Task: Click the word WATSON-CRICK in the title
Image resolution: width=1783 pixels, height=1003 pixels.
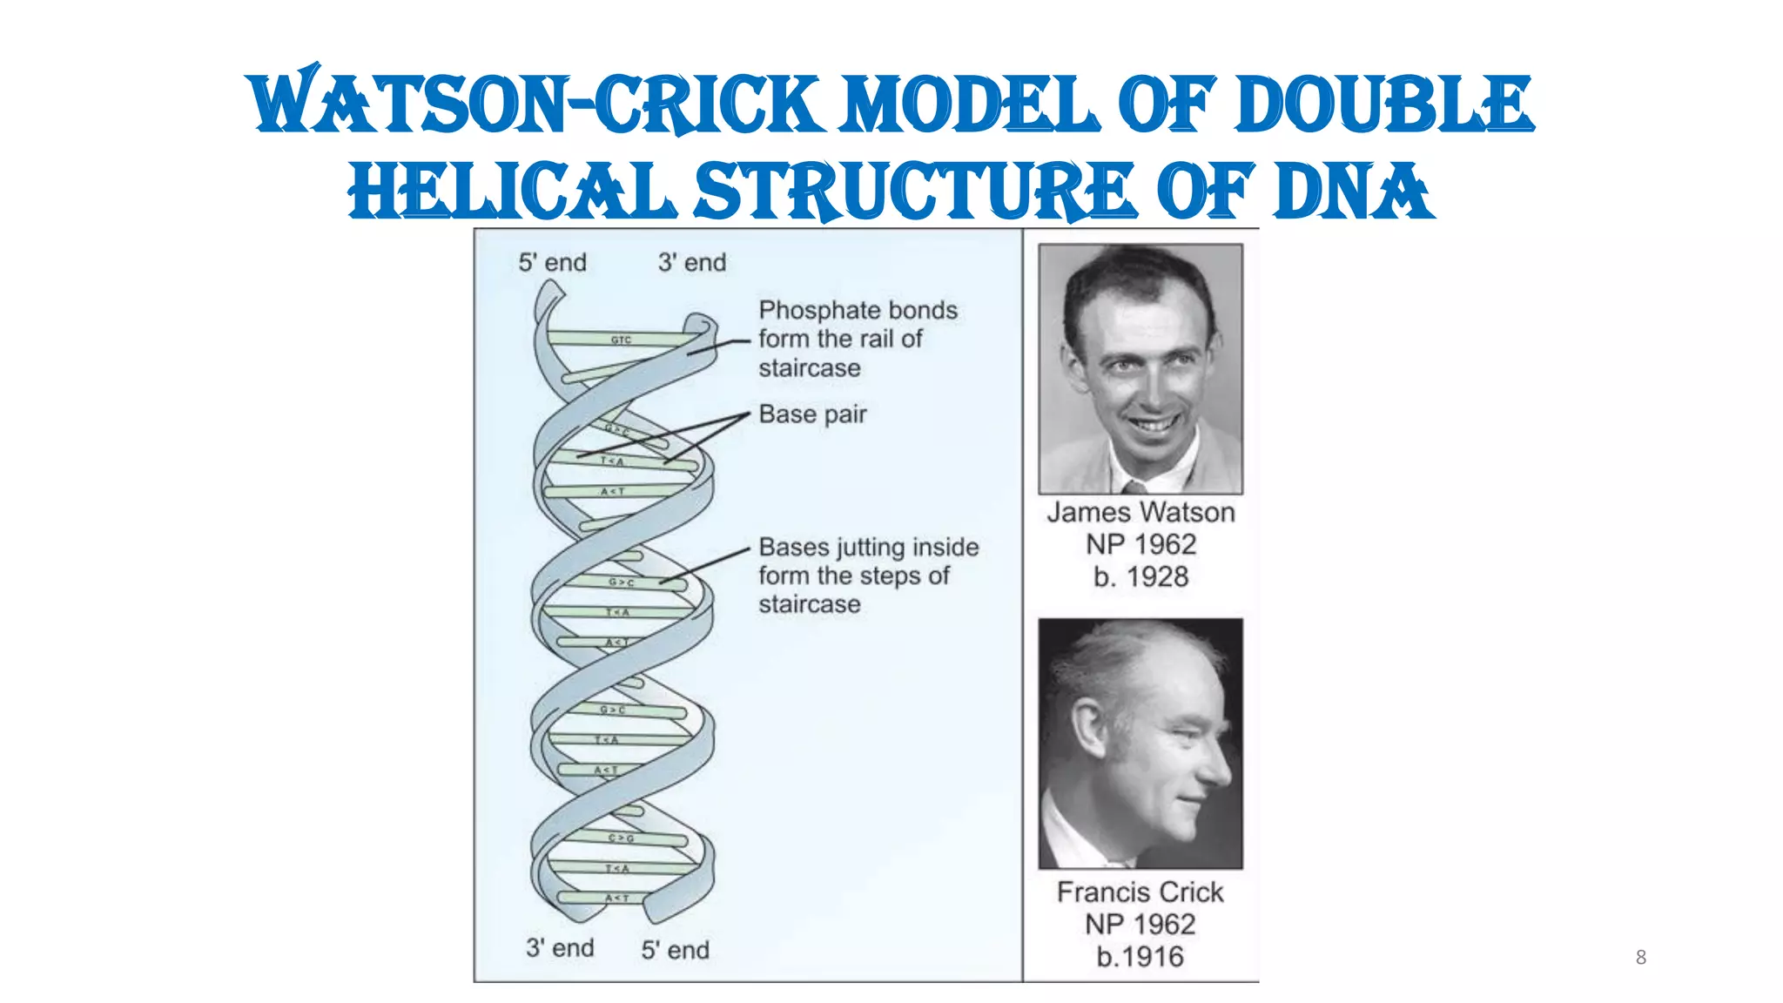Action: click(x=536, y=104)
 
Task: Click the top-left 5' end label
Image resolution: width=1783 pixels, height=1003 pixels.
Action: click(x=552, y=262)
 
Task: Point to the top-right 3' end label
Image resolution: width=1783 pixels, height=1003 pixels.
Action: click(x=691, y=262)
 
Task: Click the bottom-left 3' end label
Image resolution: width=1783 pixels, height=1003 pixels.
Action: click(x=559, y=947)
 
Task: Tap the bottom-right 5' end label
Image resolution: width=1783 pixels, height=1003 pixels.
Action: click(x=675, y=950)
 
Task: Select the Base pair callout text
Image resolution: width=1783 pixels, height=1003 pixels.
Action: click(x=812, y=414)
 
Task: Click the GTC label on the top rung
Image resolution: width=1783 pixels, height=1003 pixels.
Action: click(x=621, y=340)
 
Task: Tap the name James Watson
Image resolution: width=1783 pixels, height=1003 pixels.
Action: click(x=1140, y=512)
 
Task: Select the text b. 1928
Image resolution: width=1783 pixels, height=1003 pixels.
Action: click(x=1140, y=576)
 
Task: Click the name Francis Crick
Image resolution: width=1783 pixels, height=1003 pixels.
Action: click(x=1140, y=892)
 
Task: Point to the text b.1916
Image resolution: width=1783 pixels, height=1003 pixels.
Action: click(x=1140, y=956)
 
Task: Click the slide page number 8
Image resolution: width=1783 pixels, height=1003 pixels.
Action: click(x=1640, y=957)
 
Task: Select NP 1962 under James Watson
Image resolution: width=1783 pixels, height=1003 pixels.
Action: click(x=1140, y=544)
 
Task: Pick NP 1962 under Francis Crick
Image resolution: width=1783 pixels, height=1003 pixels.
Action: click(x=1140, y=924)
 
